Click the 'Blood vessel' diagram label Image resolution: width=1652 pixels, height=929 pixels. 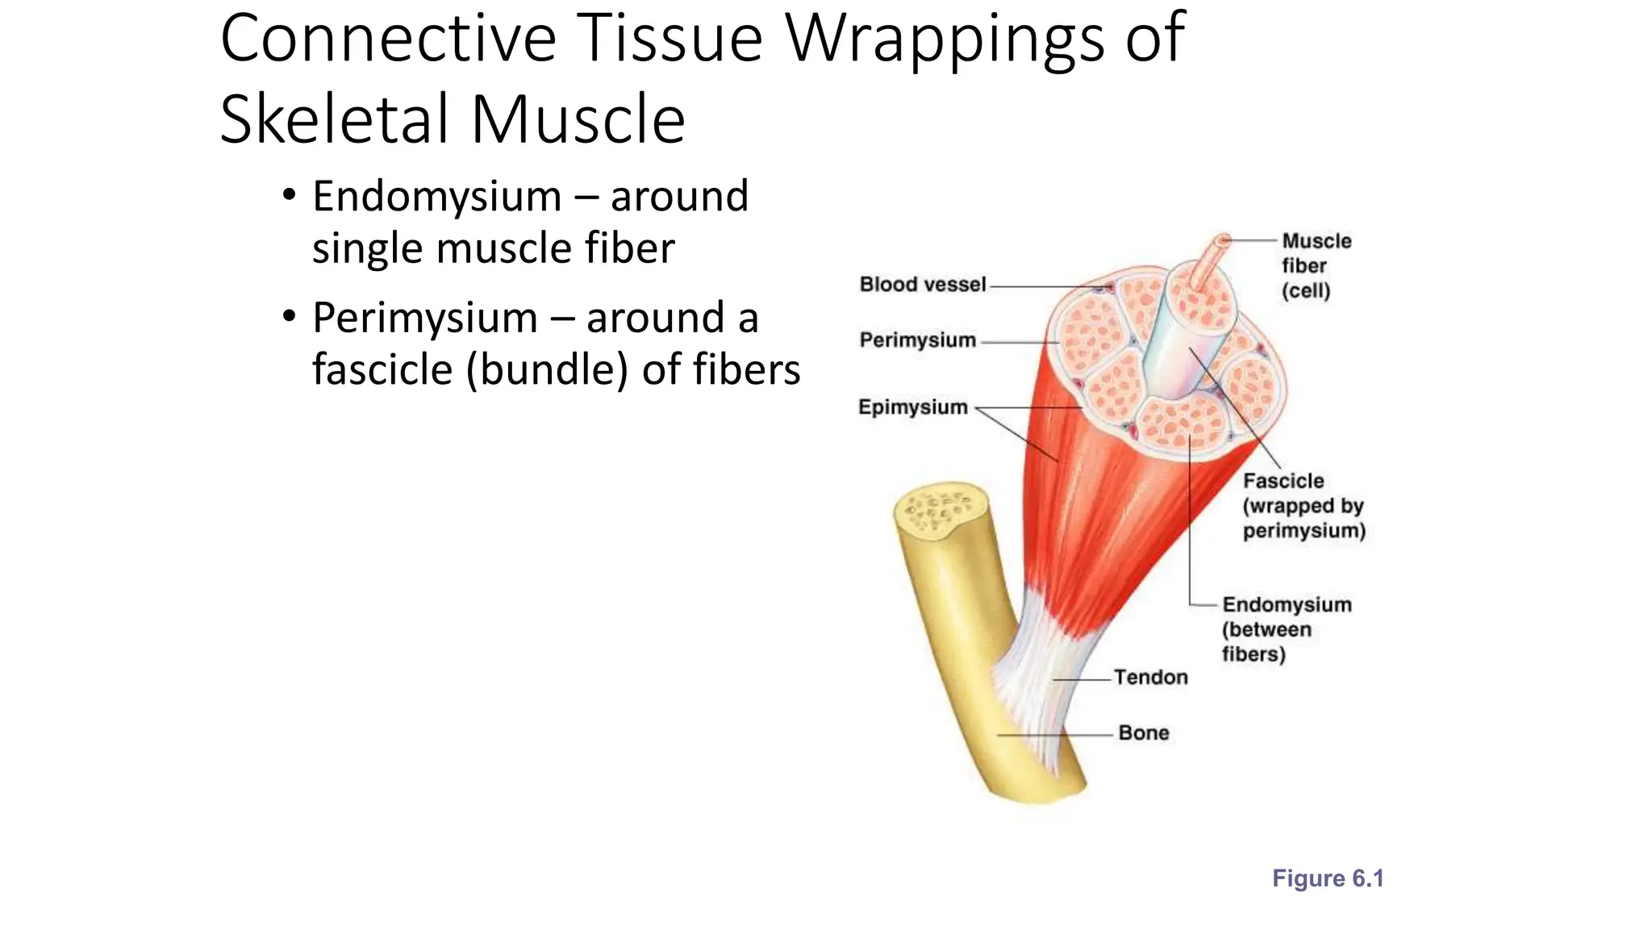coord(922,285)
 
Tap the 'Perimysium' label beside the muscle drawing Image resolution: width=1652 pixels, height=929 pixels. coord(917,340)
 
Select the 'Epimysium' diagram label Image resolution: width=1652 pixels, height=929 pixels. coord(912,407)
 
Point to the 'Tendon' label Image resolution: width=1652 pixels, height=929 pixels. coord(1150,677)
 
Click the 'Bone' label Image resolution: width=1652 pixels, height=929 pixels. coord(1143,733)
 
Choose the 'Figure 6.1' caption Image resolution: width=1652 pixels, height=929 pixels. coord(1327,878)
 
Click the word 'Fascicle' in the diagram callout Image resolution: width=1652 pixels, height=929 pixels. coord(1283,481)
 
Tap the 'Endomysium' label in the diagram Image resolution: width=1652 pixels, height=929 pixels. coord(1286,605)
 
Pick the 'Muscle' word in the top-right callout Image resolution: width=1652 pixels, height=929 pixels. coord(1316,241)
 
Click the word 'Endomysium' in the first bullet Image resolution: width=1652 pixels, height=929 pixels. coord(436,197)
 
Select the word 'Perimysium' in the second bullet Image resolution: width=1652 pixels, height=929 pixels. coord(424,318)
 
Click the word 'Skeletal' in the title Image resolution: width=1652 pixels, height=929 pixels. coord(334,119)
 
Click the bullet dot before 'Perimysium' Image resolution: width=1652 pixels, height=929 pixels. coord(289,317)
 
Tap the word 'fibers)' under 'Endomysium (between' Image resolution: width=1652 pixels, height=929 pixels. coord(1253,654)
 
